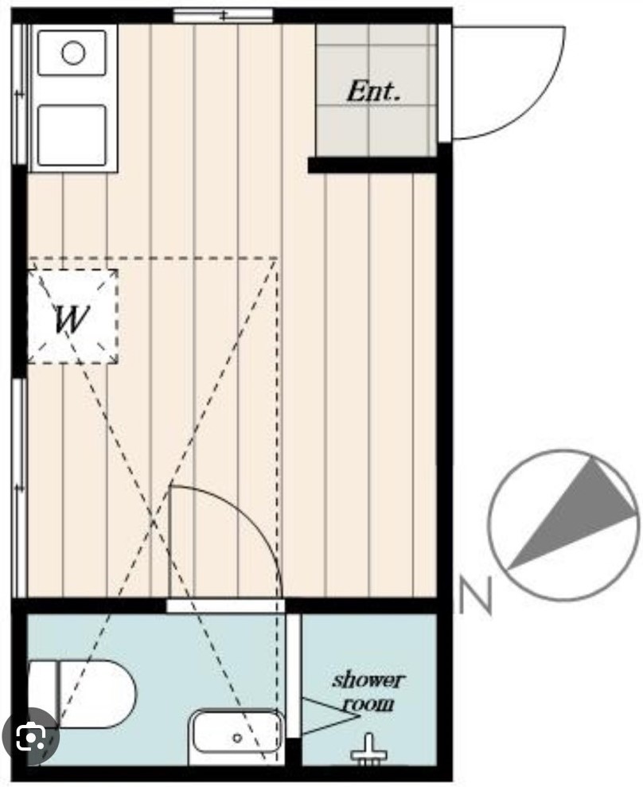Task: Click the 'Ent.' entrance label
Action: click(x=372, y=91)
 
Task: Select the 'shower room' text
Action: click(x=368, y=691)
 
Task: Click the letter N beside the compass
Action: click(x=475, y=596)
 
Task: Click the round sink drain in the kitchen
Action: click(x=73, y=53)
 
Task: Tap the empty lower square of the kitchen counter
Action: click(x=72, y=135)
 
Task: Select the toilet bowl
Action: click(x=95, y=693)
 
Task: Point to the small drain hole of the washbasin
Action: click(x=237, y=738)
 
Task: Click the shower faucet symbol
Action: click(x=367, y=748)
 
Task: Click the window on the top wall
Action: click(x=224, y=15)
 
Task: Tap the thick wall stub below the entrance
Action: click(x=372, y=165)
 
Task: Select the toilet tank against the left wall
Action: click(x=42, y=693)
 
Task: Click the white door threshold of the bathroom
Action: click(x=226, y=606)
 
